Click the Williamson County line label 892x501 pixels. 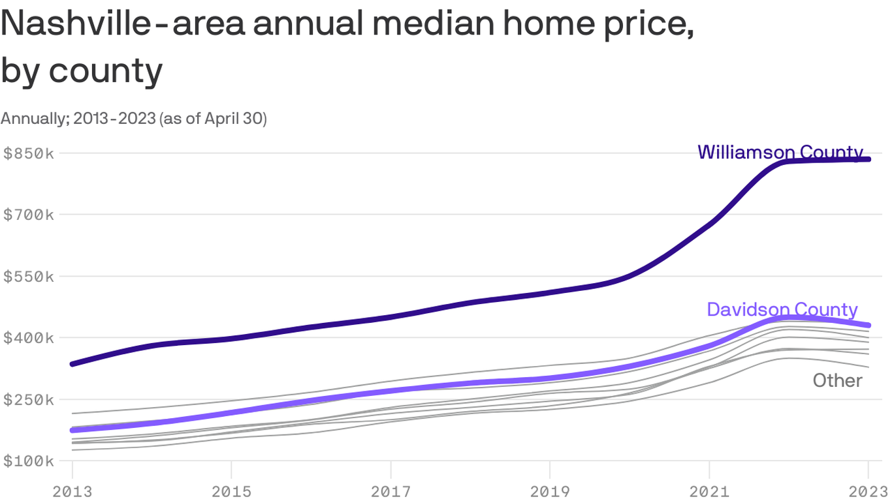[x=780, y=152]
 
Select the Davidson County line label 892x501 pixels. [x=782, y=309]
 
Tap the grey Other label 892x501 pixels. [x=837, y=380]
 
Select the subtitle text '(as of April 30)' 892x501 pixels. [x=213, y=119]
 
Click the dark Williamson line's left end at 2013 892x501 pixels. [x=72, y=363]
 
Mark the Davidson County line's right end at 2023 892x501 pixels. [x=868, y=325]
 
